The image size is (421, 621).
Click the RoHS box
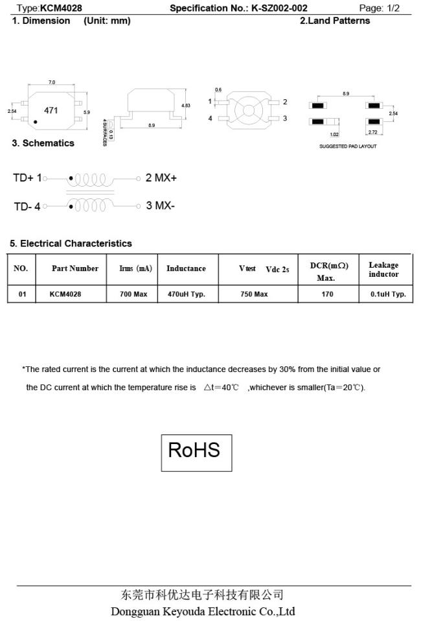coord(196,452)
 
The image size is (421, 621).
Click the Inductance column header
coord(186,269)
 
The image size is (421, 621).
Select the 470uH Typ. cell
coord(186,294)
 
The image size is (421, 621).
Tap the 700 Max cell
coord(135,294)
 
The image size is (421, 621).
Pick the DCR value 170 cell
coord(328,294)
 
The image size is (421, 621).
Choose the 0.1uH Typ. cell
coord(388,294)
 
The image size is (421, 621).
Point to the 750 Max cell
coord(254,294)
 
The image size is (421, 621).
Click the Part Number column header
coord(75,269)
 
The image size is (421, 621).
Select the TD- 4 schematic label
coord(27,207)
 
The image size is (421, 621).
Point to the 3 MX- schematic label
coord(160,206)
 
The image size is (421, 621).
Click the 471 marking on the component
coord(51,110)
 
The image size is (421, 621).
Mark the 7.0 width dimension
coord(52,82)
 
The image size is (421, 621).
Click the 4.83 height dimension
coord(186,105)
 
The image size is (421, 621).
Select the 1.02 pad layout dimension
coord(334,135)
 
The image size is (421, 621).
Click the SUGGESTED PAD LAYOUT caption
coord(348,146)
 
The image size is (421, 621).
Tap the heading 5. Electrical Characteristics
coord(71,244)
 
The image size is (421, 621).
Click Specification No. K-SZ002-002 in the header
coord(238,8)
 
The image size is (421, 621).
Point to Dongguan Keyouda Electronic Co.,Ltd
coord(203,611)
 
